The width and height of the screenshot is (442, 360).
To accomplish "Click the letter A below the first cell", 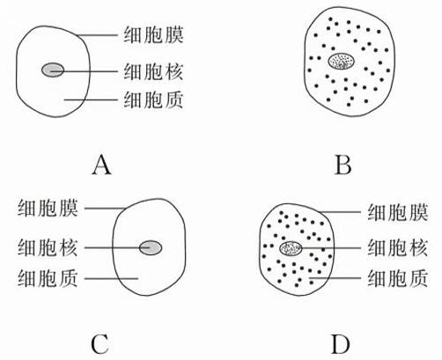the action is click(x=101, y=165).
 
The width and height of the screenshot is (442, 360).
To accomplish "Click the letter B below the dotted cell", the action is click(x=343, y=165).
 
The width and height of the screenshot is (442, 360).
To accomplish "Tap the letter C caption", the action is click(x=100, y=344).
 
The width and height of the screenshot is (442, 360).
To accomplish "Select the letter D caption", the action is click(x=341, y=344).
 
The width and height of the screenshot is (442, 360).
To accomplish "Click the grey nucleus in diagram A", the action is click(x=53, y=70).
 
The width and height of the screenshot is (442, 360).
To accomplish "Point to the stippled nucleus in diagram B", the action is click(x=341, y=62).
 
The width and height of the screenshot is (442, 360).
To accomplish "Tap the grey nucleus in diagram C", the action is click(x=151, y=247).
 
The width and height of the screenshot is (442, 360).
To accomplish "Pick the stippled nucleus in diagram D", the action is click(x=291, y=248).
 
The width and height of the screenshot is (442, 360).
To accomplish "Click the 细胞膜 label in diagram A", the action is click(x=153, y=35).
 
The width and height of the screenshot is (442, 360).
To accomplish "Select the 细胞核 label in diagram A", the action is click(x=153, y=71).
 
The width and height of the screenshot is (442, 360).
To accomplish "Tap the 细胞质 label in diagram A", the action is click(x=153, y=100).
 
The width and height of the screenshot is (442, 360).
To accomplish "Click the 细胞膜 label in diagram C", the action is click(x=48, y=209).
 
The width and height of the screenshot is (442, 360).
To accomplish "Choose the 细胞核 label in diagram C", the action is click(x=48, y=248).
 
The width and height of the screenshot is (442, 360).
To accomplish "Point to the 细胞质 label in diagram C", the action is click(x=48, y=278).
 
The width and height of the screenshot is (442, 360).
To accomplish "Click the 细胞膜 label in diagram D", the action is click(x=398, y=212).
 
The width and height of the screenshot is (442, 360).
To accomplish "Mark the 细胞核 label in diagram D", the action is click(x=398, y=248).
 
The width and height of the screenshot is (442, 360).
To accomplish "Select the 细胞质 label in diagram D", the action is click(x=398, y=278).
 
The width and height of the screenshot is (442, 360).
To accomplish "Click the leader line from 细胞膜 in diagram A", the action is click(x=97, y=35).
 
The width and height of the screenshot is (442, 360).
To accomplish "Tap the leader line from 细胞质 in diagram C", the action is click(x=111, y=278).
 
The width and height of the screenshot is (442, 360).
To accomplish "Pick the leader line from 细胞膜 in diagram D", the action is click(x=340, y=212).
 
